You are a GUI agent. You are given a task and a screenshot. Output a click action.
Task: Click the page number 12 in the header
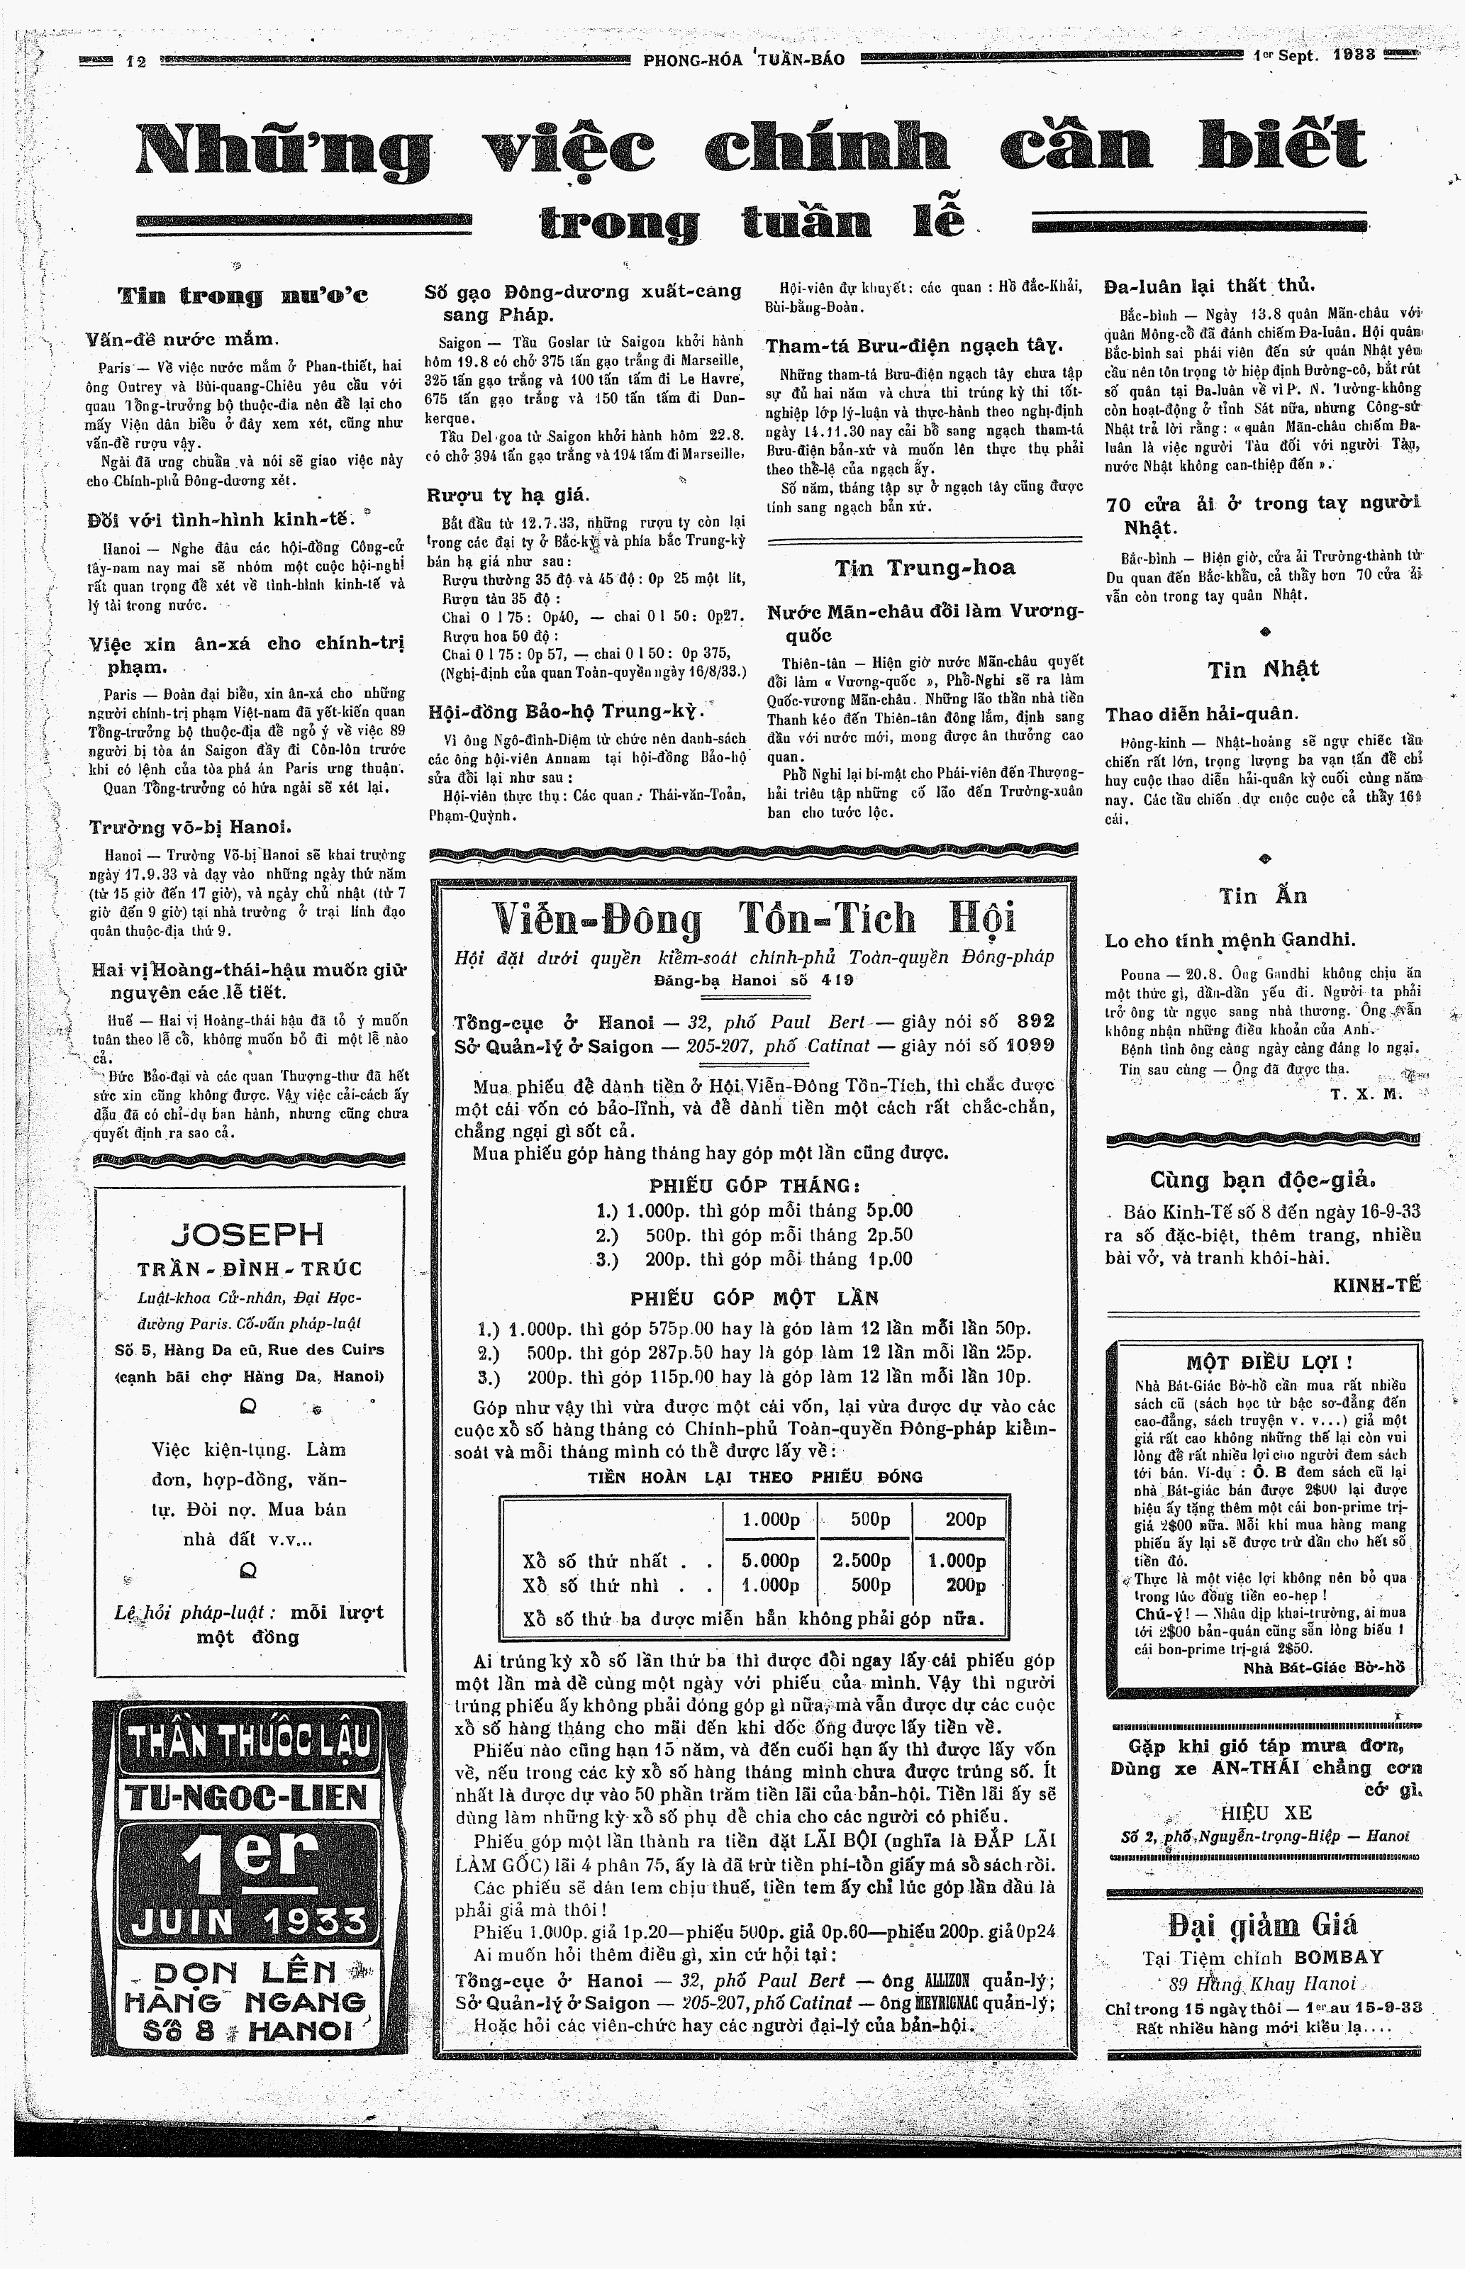[x=136, y=61]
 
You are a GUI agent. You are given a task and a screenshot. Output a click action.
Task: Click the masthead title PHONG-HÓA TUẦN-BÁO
[x=744, y=59]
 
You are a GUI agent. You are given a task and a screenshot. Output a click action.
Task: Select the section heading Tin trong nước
[x=243, y=295]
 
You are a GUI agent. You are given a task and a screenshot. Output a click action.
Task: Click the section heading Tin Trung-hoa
[x=925, y=568]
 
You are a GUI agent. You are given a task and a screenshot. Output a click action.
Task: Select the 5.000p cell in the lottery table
[x=771, y=1561]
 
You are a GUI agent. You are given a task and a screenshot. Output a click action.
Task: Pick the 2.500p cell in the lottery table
[x=862, y=1561]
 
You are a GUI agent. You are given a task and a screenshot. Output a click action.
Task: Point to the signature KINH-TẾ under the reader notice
[x=1376, y=1285]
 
